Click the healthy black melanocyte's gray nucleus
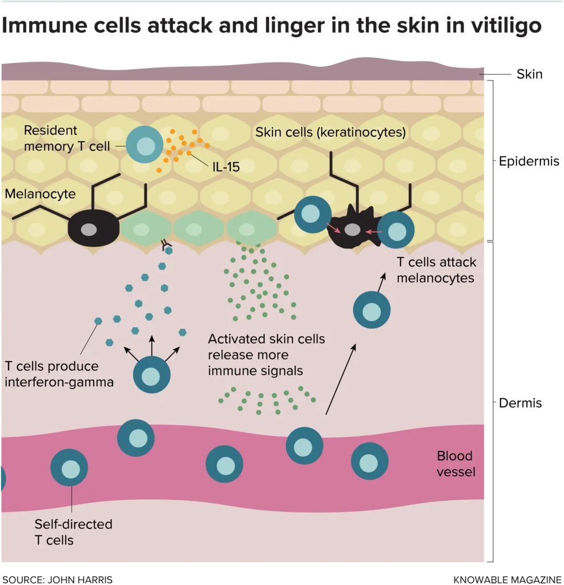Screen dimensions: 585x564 89,229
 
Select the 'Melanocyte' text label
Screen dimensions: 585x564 40,194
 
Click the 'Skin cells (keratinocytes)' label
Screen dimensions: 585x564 330,133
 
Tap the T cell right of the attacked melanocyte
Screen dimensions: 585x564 396,230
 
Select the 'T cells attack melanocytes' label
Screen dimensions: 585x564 436,270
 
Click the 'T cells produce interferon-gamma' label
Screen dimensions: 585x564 59,374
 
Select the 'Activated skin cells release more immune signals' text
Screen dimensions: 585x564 266,355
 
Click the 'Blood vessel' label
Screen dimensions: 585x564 455,464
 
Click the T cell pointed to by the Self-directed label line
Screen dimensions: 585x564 69,468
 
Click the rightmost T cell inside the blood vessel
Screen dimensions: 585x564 369,460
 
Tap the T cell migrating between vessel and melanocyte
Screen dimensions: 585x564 371,310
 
